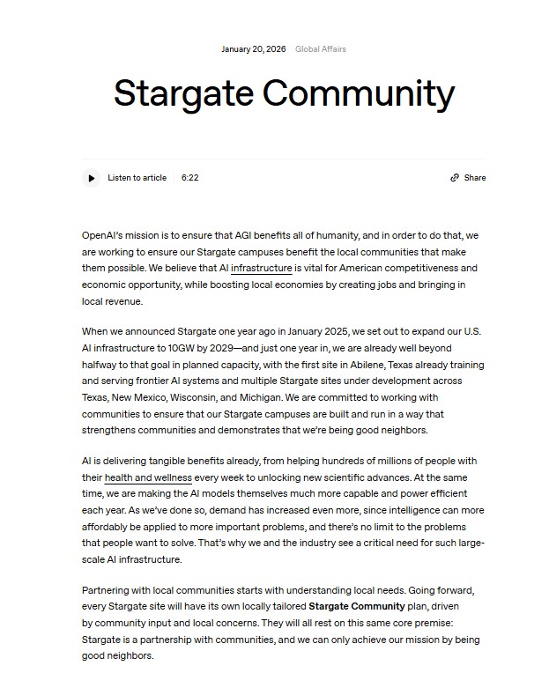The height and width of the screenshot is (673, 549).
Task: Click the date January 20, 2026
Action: tap(253, 49)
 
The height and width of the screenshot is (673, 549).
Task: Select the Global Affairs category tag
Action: tap(321, 49)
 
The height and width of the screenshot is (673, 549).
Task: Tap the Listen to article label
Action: tap(137, 178)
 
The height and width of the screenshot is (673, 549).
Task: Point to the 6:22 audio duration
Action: tap(189, 178)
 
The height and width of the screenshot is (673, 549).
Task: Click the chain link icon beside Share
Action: tap(455, 178)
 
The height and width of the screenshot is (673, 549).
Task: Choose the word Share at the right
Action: tap(475, 178)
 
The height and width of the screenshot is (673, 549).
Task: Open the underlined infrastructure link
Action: tap(261, 269)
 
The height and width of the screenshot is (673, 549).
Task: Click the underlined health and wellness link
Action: tap(147, 477)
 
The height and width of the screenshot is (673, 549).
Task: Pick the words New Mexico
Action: tap(139, 397)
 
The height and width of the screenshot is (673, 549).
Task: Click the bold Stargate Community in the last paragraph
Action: tap(356, 606)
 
